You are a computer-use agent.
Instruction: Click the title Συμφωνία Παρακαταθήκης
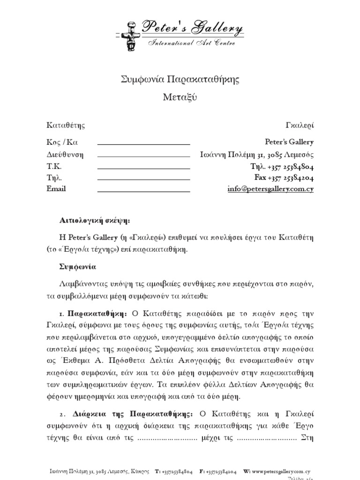pyautogui.click(x=180, y=79)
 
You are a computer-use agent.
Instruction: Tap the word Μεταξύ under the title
pyautogui.click(x=180, y=97)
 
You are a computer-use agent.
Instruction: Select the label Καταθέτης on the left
pyautogui.click(x=66, y=125)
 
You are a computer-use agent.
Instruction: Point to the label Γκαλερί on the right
pyautogui.click(x=300, y=125)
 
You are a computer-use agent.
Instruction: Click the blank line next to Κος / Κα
pyautogui.click(x=143, y=143)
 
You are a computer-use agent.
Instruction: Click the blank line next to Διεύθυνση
pyautogui.click(x=143, y=155)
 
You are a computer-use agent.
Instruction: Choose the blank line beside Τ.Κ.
pyautogui.click(x=143, y=167)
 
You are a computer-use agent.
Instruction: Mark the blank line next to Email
pyautogui.click(x=143, y=190)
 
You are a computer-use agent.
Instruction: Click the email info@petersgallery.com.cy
pyautogui.click(x=270, y=189)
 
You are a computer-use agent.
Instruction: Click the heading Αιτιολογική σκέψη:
pyautogui.click(x=94, y=219)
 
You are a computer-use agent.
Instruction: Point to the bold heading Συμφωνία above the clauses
pyautogui.click(x=78, y=266)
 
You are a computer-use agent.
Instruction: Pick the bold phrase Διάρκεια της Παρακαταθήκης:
pyautogui.click(x=133, y=414)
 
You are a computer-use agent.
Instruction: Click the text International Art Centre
pyautogui.click(x=192, y=43)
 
